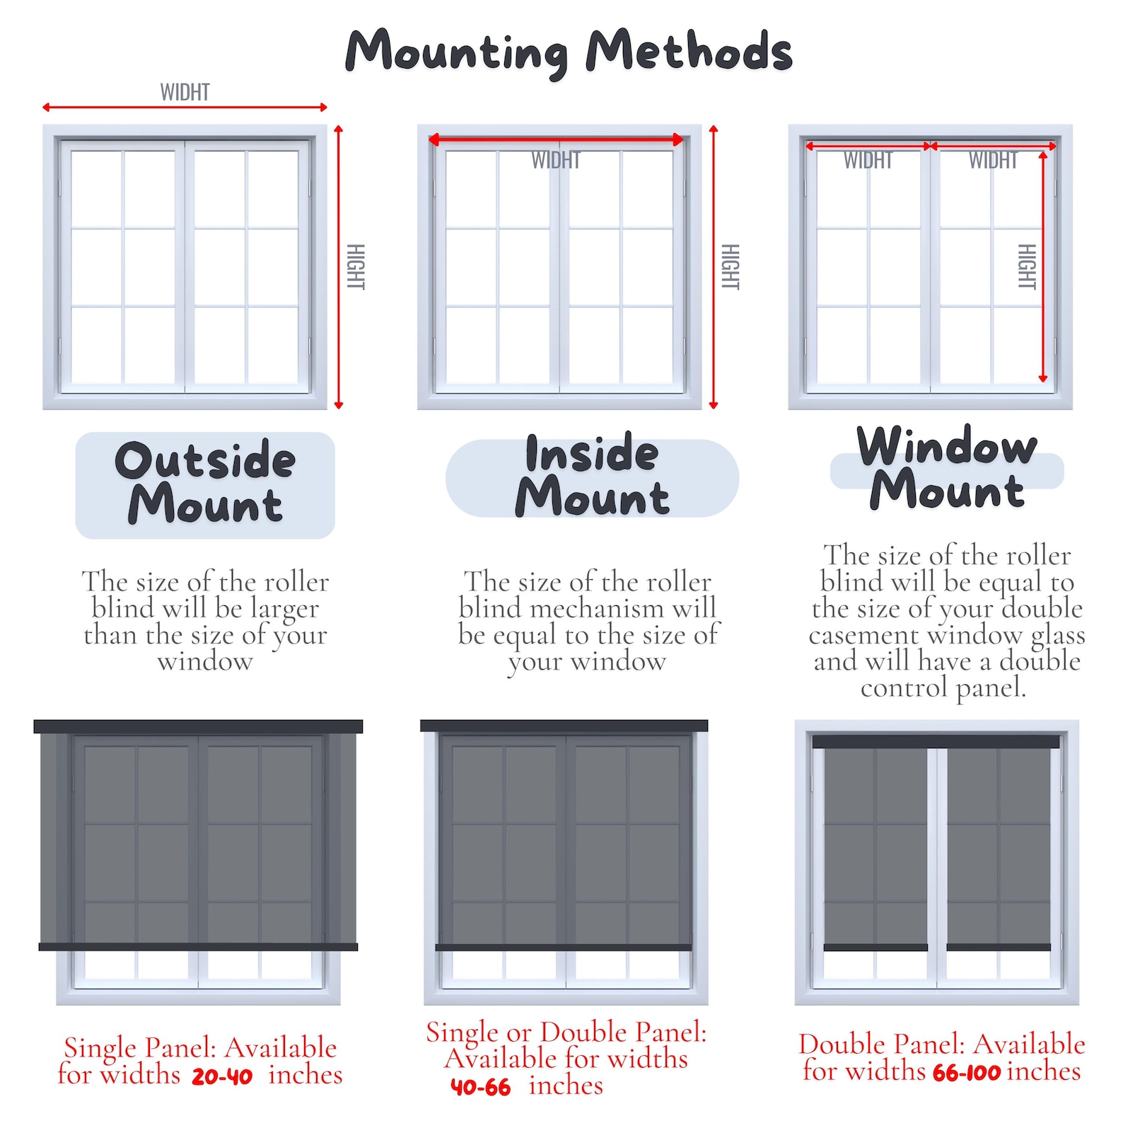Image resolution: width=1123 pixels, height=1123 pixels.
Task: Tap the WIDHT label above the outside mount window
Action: tap(185, 93)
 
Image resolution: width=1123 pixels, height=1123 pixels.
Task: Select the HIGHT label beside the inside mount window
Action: tap(731, 267)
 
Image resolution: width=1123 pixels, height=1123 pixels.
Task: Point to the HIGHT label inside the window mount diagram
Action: tap(1027, 267)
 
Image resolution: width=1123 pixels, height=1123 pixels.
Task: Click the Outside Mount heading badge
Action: tap(205, 484)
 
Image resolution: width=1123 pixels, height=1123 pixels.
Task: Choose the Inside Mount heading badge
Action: tap(592, 477)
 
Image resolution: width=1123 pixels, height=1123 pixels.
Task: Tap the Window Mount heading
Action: tap(946, 468)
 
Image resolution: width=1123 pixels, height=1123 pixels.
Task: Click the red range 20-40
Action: tap(222, 1076)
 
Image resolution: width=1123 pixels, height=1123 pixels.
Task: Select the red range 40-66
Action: tap(480, 1087)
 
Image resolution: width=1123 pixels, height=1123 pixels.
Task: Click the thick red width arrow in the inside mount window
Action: tap(556, 140)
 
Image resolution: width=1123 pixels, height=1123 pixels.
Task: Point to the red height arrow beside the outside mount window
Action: tap(339, 267)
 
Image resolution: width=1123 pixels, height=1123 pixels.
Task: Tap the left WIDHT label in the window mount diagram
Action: tap(868, 161)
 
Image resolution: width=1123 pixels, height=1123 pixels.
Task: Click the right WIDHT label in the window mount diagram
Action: tap(993, 161)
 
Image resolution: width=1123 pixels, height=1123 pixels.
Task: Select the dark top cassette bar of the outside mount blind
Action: tap(198, 726)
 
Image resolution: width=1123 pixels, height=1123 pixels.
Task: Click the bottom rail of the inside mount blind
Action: tap(564, 947)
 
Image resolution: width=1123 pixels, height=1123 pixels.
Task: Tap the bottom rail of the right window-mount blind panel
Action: tap(999, 947)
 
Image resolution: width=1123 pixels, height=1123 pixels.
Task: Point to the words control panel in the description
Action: tap(943, 687)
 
